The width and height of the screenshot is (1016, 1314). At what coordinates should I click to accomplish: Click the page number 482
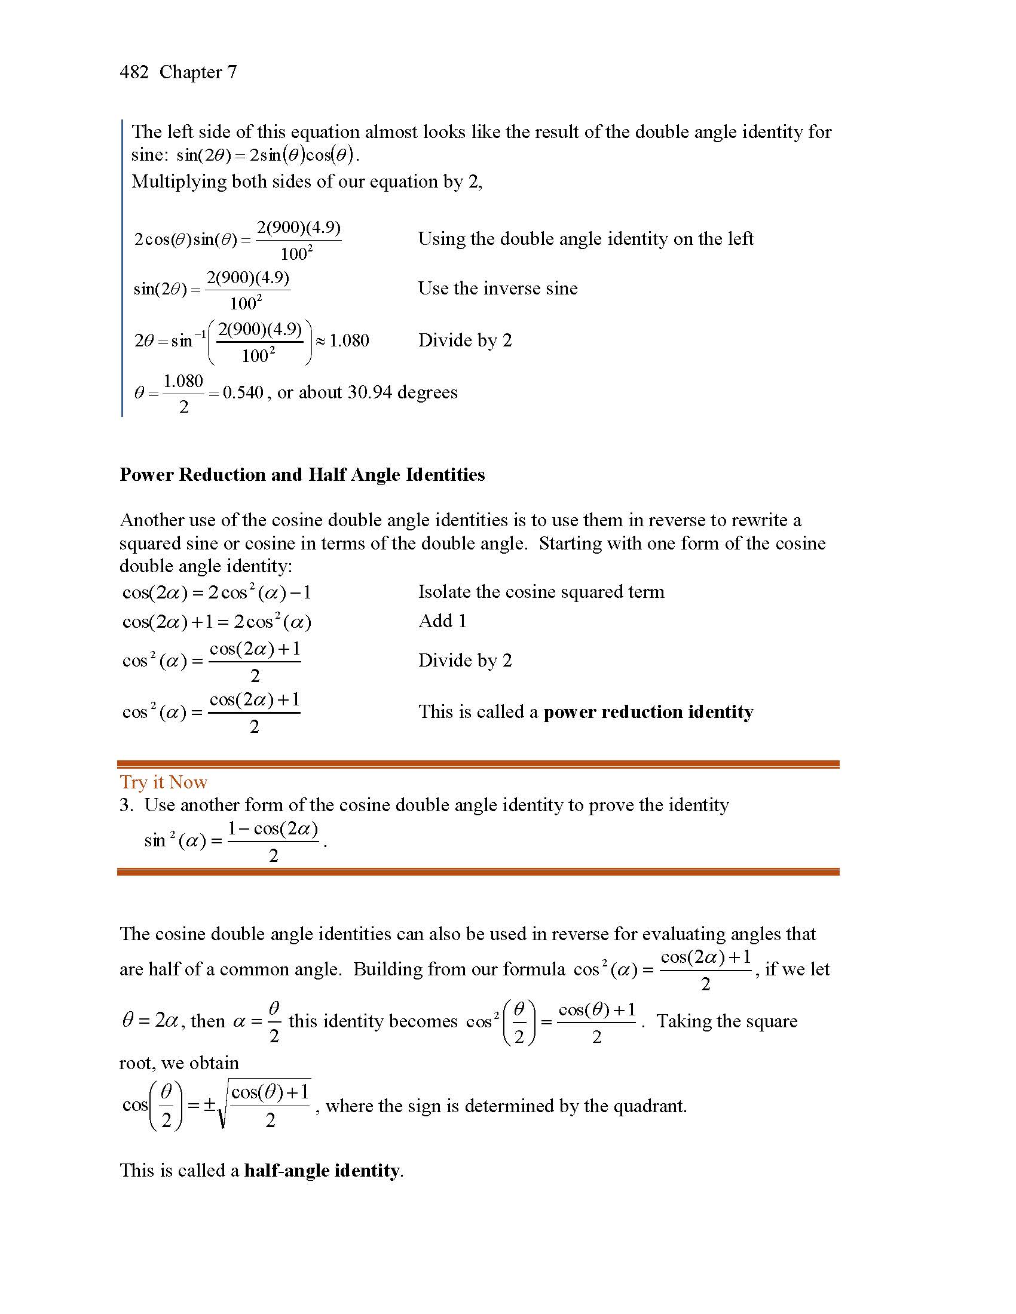click(134, 72)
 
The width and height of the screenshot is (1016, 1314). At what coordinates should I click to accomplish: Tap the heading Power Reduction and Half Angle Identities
click(302, 475)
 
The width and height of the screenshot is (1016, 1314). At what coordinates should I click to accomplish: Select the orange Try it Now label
click(163, 782)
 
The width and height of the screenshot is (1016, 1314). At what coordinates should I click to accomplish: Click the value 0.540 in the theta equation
click(243, 393)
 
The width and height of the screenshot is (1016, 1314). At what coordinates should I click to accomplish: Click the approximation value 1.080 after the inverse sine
click(349, 340)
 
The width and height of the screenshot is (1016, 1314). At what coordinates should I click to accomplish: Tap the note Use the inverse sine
click(497, 288)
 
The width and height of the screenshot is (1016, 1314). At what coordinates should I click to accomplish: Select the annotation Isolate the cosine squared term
click(540, 592)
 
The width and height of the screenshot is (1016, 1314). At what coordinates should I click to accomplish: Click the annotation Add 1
click(442, 621)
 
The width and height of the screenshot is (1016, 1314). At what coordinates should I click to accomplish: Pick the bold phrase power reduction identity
click(648, 712)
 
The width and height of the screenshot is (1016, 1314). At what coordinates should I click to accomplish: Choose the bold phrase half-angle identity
click(322, 1170)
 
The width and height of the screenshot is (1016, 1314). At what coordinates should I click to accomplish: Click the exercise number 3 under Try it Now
click(124, 805)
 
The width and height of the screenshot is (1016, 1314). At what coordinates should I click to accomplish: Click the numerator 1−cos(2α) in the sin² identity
click(273, 829)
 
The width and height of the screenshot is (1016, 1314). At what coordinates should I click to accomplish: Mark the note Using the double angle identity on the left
click(585, 239)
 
